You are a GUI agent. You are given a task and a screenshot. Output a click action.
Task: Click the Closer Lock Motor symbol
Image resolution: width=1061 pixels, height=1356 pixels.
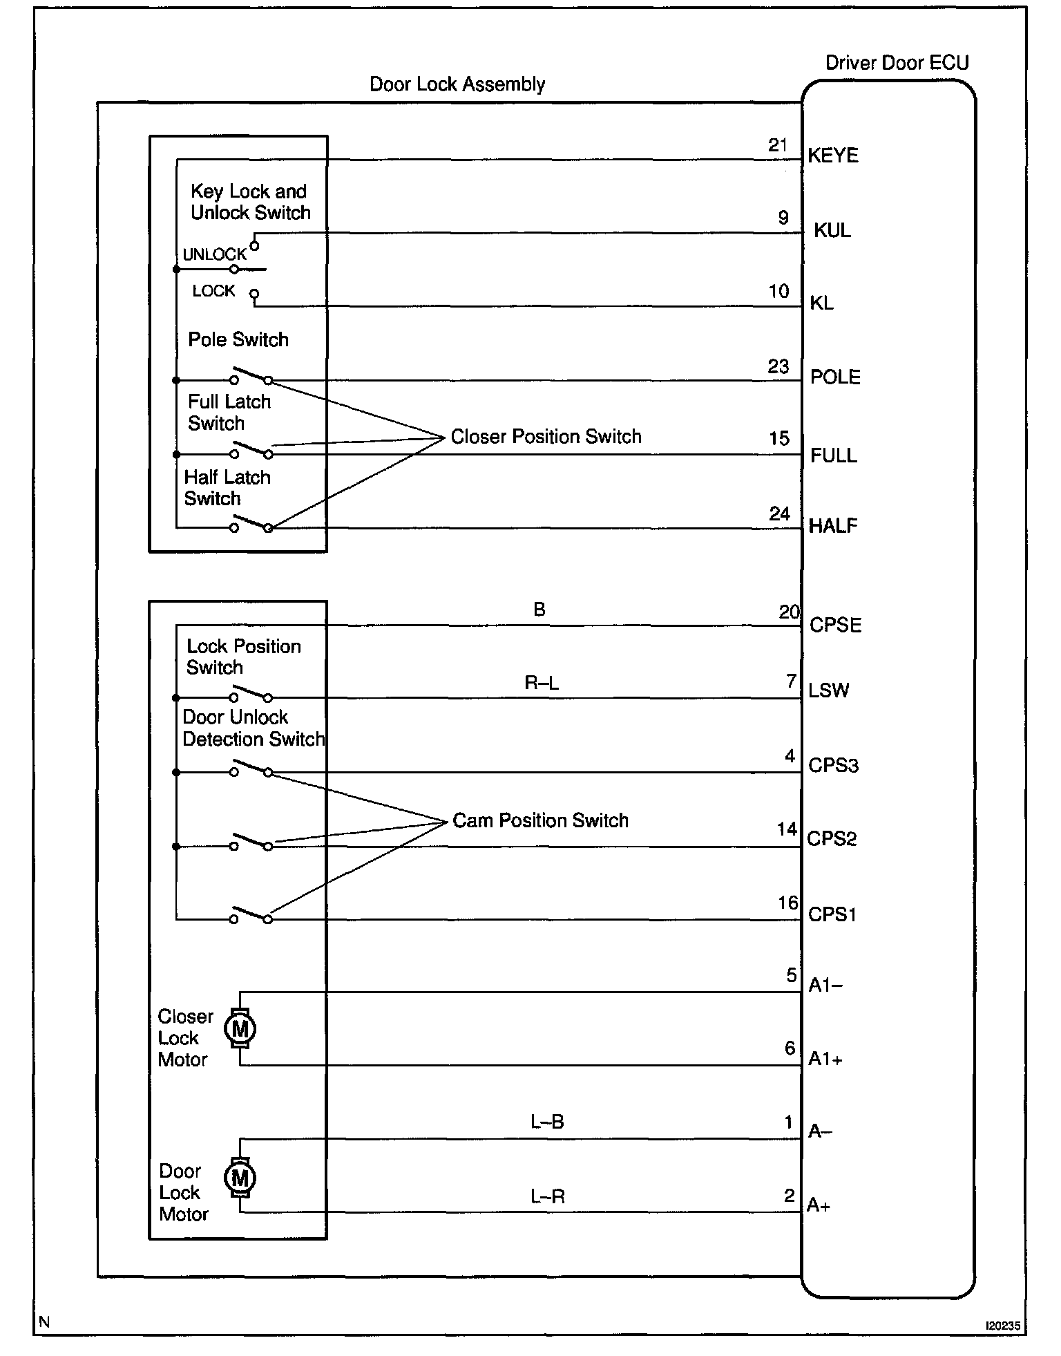tap(240, 1029)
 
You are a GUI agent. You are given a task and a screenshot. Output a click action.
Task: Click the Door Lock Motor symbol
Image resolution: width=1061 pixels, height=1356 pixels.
tap(240, 1177)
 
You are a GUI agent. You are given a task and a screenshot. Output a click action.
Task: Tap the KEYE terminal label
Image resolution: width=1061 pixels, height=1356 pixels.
tap(833, 156)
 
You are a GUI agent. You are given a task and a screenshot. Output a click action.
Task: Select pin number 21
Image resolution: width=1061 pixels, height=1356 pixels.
tap(778, 145)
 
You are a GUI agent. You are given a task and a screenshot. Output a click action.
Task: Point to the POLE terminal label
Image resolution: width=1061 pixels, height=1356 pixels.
tap(835, 377)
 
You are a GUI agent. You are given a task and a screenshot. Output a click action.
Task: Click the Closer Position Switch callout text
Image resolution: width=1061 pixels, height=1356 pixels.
tap(546, 437)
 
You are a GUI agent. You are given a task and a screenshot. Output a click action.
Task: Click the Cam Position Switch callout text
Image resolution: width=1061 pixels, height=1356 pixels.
tap(540, 820)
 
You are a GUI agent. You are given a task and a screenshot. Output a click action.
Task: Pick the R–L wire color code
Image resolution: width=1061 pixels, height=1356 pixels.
tap(542, 684)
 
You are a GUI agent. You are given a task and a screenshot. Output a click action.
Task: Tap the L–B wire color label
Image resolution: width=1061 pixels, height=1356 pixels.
tap(547, 1122)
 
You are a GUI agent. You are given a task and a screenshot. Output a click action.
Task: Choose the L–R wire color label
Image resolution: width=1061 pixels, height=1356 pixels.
tap(548, 1196)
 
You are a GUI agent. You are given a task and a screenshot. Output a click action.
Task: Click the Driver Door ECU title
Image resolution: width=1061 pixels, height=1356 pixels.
tap(897, 63)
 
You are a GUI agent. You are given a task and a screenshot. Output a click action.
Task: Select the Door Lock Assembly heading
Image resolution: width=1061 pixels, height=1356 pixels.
tap(457, 84)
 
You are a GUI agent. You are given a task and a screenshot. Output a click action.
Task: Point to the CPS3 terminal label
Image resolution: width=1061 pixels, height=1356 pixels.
tap(833, 766)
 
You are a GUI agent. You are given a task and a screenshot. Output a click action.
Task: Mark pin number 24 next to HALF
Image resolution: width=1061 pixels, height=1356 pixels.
tap(779, 514)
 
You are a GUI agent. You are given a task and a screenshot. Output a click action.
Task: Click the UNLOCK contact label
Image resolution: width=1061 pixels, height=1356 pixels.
tap(214, 254)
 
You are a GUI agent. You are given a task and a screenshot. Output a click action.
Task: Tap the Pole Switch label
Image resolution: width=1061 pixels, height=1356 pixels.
tap(238, 339)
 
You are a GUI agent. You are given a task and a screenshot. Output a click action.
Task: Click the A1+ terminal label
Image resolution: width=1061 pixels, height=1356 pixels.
tap(825, 1059)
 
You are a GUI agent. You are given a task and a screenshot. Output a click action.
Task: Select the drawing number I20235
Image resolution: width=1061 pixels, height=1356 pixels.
tap(1002, 1326)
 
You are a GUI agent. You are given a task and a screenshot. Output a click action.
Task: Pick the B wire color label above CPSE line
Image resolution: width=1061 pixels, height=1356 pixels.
tap(539, 610)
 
